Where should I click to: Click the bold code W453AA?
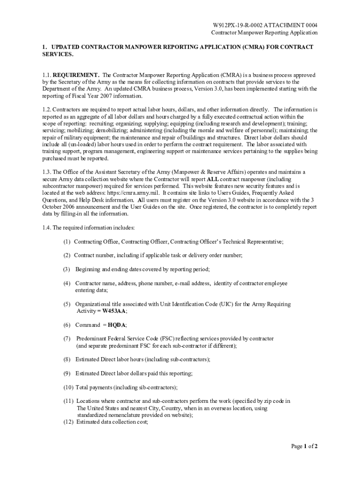(114, 311)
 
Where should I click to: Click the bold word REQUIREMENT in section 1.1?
(76, 75)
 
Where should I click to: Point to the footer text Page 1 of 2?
(304, 446)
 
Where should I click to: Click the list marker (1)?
(67, 242)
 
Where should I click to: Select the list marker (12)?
(69, 422)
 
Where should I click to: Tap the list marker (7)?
(67, 338)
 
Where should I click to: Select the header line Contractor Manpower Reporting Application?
(264, 33)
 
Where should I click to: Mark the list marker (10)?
(69, 387)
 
